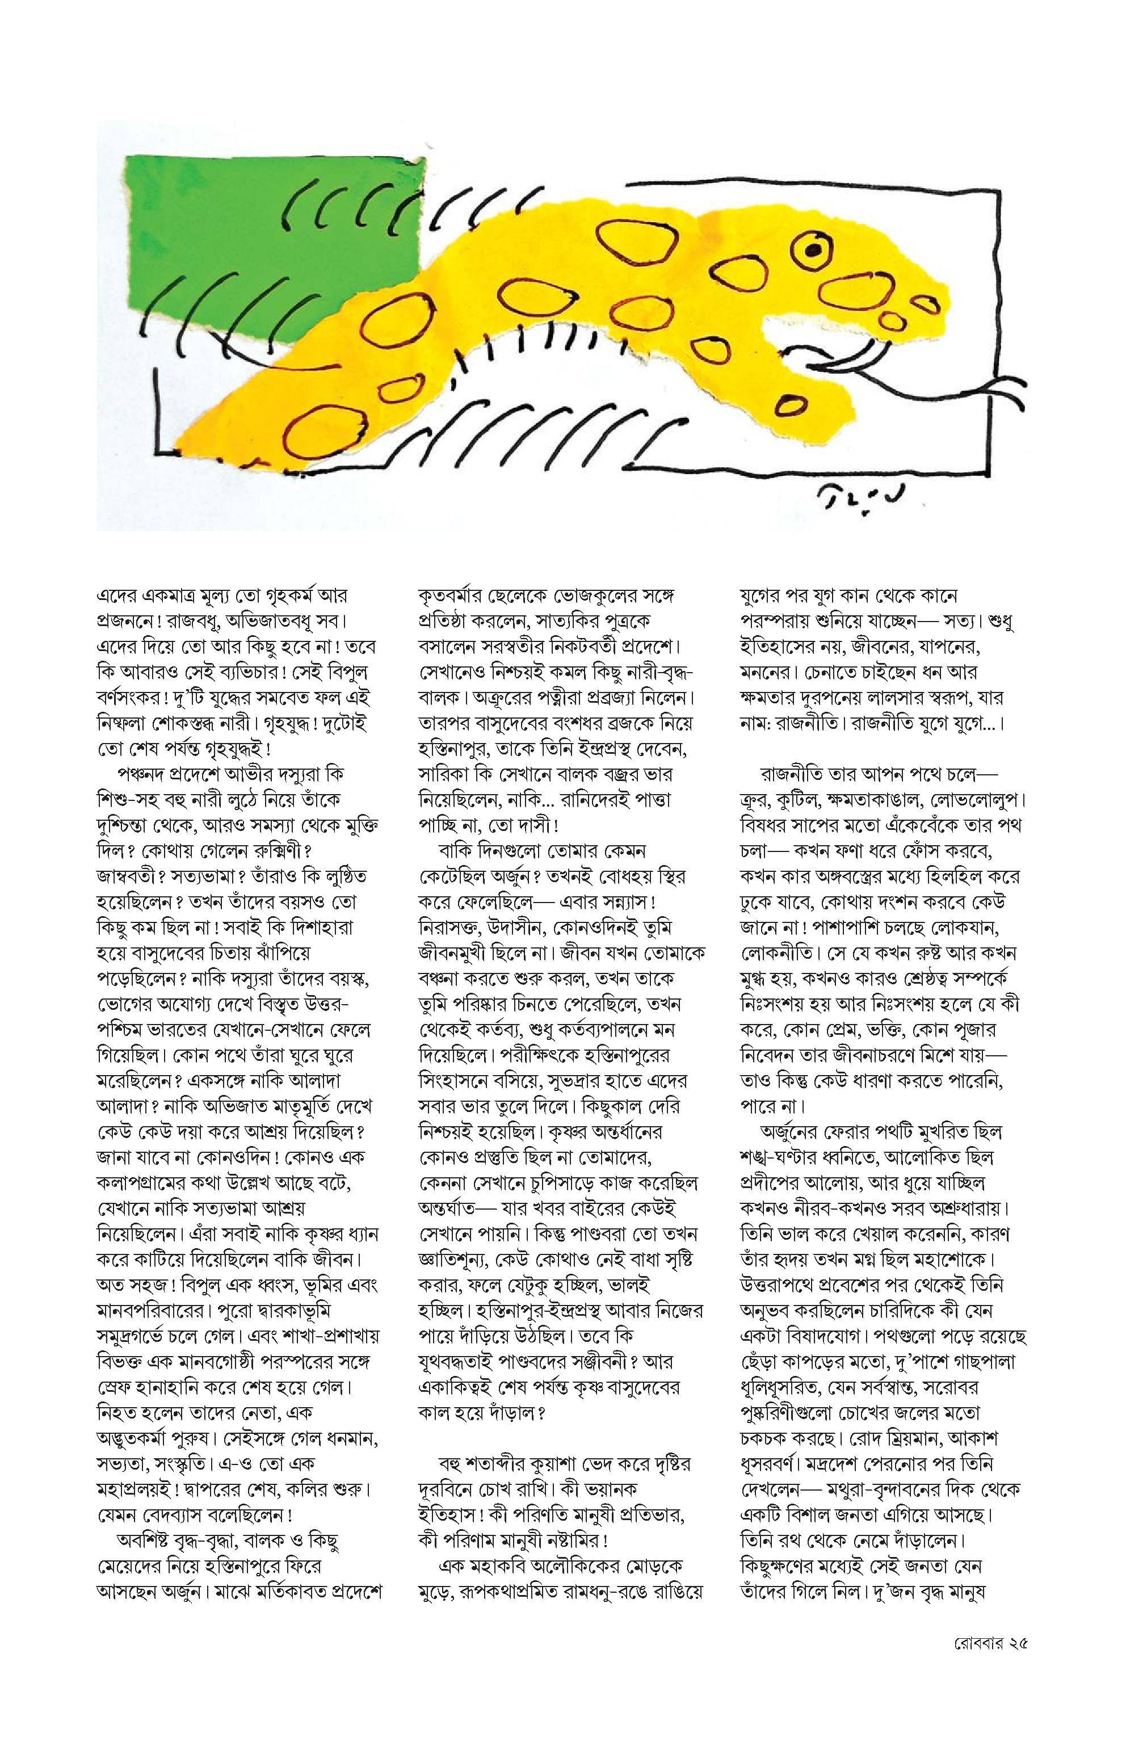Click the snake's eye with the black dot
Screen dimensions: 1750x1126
tap(811, 251)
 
